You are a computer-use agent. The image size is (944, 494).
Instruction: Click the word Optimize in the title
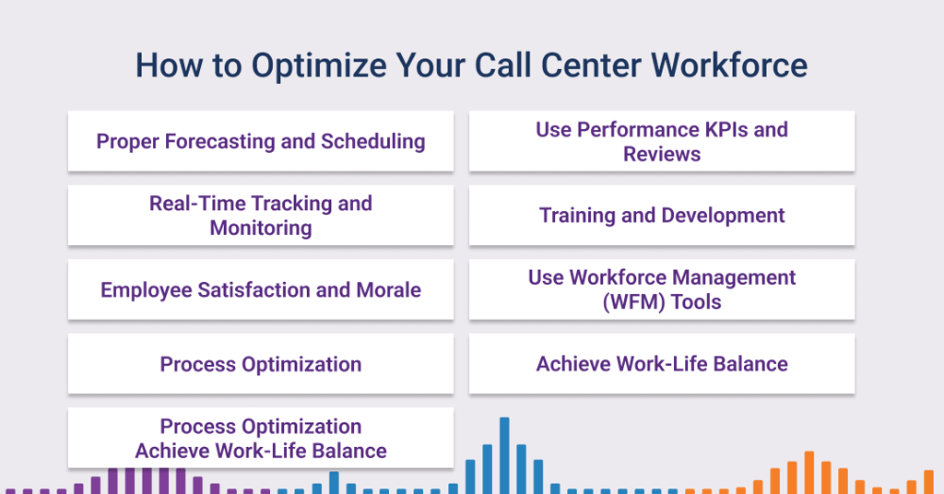click(x=319, y=66)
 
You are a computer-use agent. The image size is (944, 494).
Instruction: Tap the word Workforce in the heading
click(x=729, y=65)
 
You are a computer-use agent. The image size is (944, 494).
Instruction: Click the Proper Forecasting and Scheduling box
click(x=261, y=141)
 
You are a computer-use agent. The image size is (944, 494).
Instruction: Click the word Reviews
click(x=662, y=154)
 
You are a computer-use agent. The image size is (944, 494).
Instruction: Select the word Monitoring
click(x=261, y=228)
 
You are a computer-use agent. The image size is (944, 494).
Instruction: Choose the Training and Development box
click(x=662, y=215)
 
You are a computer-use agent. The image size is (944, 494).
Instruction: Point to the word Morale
click(x=388, y=290)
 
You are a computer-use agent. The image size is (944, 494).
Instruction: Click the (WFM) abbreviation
click(x=634, y=302)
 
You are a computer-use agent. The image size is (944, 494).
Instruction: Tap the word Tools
click(x=696, y=302)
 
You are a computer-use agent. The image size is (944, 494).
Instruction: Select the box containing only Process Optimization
click(x=261, y=363)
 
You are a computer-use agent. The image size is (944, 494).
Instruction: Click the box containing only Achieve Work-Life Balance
click(x=662, y=363)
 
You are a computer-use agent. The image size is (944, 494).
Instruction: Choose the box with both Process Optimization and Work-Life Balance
click(x=261, y=438)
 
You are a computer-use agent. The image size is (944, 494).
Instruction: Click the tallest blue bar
click(x=504, y=455)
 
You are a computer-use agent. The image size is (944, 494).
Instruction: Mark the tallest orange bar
click(x=809, y=472)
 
